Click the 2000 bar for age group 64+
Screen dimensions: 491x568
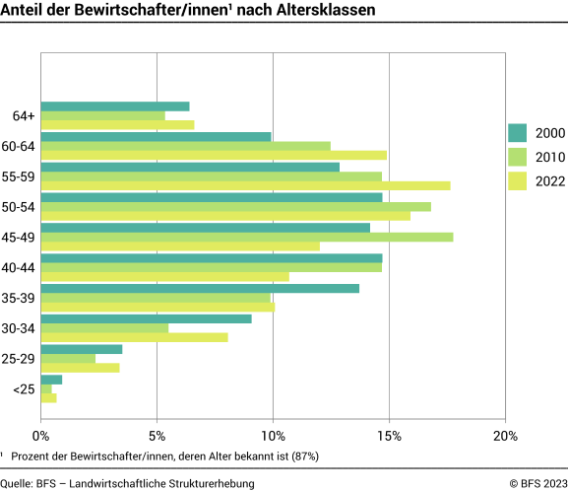(114, 106)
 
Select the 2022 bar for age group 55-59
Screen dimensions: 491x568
(245, 185)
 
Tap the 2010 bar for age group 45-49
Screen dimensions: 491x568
(246, 237)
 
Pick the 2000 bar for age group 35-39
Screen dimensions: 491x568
(200, 288)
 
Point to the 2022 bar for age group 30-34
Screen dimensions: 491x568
(134, 337)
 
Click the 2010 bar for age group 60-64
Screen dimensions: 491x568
(185, 146)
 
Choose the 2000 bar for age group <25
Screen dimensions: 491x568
(51, 380)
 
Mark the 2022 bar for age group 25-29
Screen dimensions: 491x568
(80, 368)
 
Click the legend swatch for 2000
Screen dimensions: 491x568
(519, 133)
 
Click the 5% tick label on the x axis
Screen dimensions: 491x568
(157, 435)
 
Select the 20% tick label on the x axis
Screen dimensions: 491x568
(504, 435)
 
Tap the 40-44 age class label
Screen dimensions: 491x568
(19, 267)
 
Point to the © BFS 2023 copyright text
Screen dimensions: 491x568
(537, 483)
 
